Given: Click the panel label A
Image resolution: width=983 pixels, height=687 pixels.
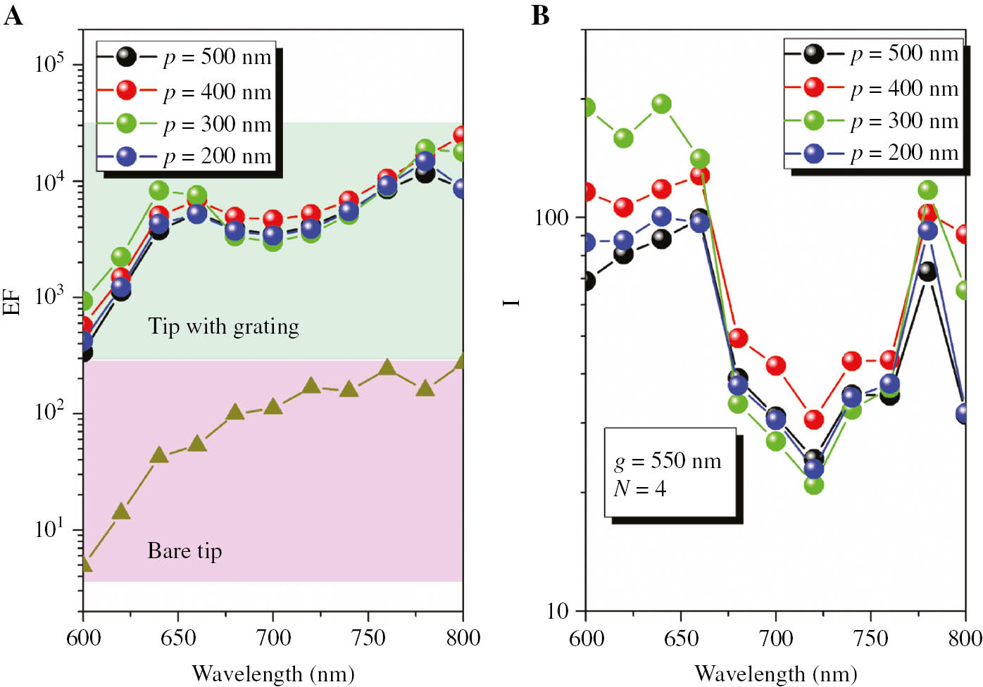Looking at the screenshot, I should coord(13,15).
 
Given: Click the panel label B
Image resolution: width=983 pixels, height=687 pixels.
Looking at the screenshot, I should coord(540,15).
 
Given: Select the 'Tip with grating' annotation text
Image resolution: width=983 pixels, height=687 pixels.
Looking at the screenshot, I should coord(223,327).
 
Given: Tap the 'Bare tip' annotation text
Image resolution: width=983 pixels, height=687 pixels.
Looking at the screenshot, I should coord(184,550).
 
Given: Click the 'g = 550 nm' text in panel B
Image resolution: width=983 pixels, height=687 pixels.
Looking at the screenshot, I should coord(668,461).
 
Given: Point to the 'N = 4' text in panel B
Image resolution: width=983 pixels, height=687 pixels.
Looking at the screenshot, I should coord(639,489).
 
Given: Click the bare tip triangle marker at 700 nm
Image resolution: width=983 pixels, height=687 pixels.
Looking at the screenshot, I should coord(273,406).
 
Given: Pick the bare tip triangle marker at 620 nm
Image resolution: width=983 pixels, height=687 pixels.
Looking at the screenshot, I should coord(121,511).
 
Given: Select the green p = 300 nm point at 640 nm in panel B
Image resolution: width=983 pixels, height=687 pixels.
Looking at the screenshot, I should coord(661,104).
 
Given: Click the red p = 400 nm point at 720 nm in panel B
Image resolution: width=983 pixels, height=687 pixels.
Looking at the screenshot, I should coord(813,420).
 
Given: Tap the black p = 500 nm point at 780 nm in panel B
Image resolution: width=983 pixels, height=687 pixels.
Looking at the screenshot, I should coord(927,272).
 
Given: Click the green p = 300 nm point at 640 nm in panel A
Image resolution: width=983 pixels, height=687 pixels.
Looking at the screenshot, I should coord(159,190).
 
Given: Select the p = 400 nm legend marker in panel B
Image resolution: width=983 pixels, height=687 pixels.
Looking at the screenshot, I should coord(813,88).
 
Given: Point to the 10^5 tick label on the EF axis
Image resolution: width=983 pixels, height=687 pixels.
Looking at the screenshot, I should coord(49,63).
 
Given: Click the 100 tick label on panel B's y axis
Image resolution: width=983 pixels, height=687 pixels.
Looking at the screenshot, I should coord(551,217).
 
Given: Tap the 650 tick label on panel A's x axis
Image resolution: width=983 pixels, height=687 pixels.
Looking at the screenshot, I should coord(178,638).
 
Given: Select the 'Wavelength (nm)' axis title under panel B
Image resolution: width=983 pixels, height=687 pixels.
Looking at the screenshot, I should coord(775,674).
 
